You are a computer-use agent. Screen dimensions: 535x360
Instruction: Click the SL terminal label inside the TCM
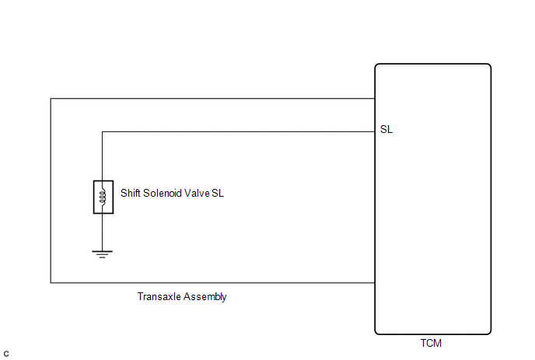[386, 129]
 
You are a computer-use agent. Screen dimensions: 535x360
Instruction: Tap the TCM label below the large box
[431, 343]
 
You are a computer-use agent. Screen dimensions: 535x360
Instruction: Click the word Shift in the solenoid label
[131, 193]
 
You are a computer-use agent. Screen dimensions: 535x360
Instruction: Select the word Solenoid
[163, 193]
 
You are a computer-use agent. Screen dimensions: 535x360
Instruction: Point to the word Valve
[197, 193]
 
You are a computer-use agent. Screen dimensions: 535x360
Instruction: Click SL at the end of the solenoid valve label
[218, 193]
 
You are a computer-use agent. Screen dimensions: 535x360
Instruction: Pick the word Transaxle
[159, 296]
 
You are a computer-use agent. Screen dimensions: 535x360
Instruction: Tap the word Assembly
[205, 297]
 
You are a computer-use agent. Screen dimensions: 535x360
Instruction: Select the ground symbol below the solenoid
[103, 254]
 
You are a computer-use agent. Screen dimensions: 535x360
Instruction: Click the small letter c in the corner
[6, 354]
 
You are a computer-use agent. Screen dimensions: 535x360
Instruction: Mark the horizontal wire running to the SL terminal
[239, 131]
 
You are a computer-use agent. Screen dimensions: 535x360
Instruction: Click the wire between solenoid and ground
[103, 232]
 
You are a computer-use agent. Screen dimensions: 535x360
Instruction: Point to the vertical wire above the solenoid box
[103, 156]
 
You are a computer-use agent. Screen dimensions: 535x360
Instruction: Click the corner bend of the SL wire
[103, 131]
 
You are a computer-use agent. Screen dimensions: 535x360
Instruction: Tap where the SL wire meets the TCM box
[375, 131]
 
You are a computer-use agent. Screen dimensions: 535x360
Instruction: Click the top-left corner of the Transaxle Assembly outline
[51, 99]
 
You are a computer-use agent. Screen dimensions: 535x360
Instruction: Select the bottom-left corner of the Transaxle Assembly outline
[51, 282]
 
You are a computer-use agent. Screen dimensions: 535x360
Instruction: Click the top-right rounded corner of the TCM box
[490, 65]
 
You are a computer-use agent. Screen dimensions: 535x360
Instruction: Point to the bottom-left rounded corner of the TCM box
[376, 333]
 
